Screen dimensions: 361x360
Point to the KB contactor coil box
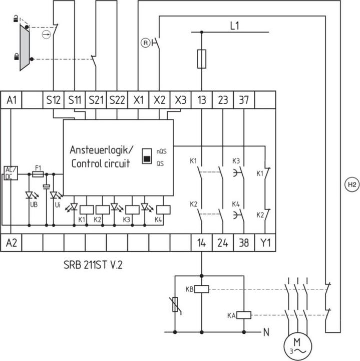[201, 289]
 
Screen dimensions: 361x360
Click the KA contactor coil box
[243, 315]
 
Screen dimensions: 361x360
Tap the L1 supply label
[234, 26]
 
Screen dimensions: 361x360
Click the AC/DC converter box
[10, 172]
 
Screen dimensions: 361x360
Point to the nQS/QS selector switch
[147, 155]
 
